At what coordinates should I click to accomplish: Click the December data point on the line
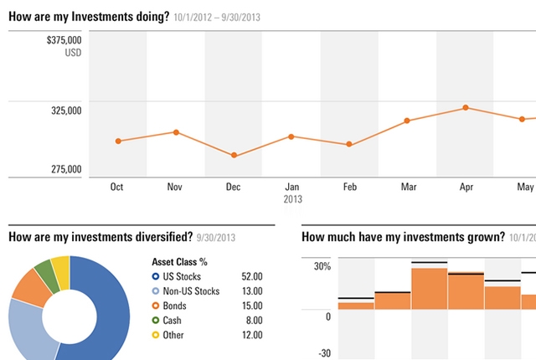click(234, 155)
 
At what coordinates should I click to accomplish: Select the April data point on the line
click(466, 108)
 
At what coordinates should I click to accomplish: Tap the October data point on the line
click(118, 141)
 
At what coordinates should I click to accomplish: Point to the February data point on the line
click(349, 144)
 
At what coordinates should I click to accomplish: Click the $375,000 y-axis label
click(64, 40)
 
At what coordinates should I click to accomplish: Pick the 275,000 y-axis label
click(66, 169)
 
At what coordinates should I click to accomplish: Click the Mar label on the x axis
click(409, 187)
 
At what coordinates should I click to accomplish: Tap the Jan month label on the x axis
click(292, 187)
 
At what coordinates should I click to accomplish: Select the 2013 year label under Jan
click(292, 199)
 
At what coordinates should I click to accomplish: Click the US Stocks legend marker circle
click(156, 276)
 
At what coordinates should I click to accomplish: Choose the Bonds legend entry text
click(174, 306)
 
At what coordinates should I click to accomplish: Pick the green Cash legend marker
click(156, 321)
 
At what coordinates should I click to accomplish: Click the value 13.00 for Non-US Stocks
click(252, 291)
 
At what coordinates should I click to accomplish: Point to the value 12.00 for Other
click(252, 335)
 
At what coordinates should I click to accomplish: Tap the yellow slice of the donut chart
click(61, 271)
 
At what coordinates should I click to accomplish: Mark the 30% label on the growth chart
click(322, 266)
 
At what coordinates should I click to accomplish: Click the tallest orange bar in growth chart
click(430, 289)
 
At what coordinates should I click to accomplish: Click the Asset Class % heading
click(179, 262)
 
